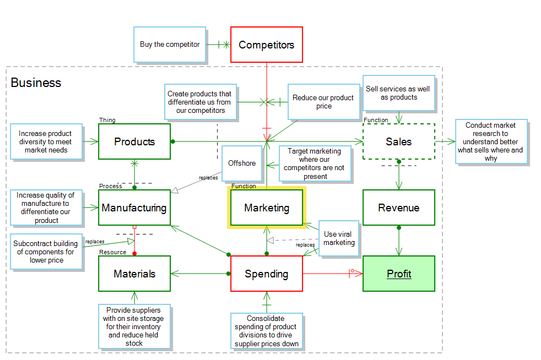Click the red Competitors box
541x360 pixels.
(x=267, y=45)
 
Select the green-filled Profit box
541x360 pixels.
(x=399, y=274)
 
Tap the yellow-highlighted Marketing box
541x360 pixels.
(x=267, y=208)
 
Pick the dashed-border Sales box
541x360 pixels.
(x=399, y=141)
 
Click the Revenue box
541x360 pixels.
(x=399, y=208)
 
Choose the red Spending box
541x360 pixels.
(x=267, y=274)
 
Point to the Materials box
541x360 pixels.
(x=134, y=274)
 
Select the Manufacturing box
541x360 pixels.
(x=134, y=208)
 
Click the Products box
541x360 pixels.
(x=134, y=141)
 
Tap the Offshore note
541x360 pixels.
(x=242, y=163)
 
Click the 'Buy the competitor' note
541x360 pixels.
(x=170, y=44)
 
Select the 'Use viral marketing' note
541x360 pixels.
(x=338, y=238)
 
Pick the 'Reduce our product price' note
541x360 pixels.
(x=323, y=102)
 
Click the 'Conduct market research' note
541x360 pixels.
(x=490, y=141)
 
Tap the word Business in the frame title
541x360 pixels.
(x=36, y=83)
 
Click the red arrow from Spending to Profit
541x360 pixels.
(x=328, y=274)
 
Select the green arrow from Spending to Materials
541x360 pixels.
(x=201, y=274)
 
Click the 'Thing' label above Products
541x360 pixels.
(x=107, y=120)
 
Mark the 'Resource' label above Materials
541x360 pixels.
(x=112, y=252)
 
